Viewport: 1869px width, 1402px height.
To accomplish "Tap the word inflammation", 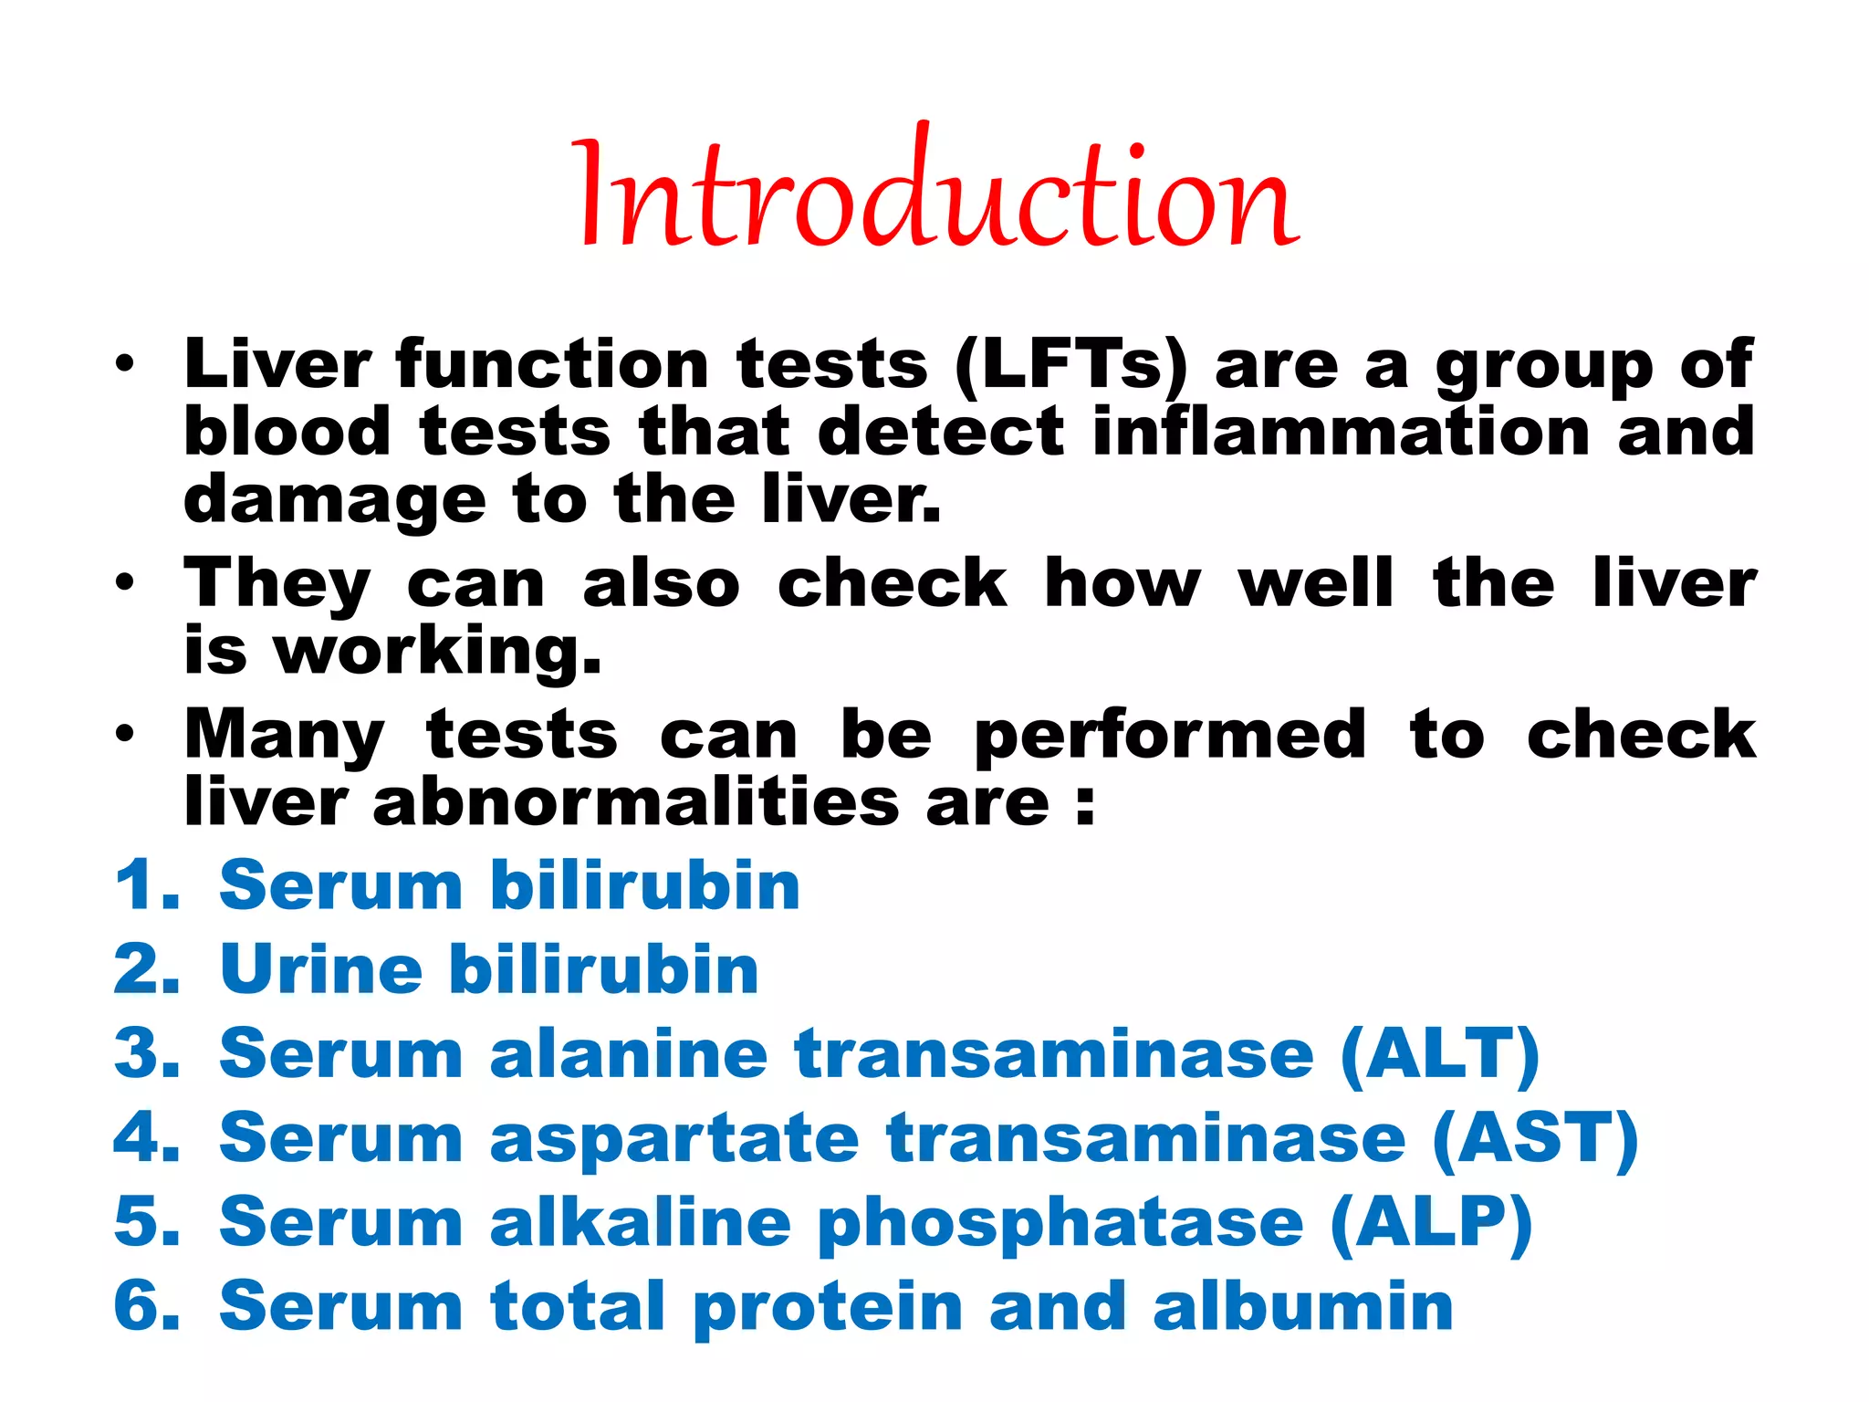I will click(1342, 432).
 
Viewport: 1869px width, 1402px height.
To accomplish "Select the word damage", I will click(333, 500).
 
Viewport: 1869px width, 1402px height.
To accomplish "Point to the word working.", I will click(438, 652).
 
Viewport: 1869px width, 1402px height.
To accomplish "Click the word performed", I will click(1170, 736).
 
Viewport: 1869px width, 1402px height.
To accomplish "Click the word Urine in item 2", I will click(320, 969).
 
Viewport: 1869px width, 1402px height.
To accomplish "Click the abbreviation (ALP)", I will click(1431, 1223).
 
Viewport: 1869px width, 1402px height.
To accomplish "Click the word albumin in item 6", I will click(1302, 1307).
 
